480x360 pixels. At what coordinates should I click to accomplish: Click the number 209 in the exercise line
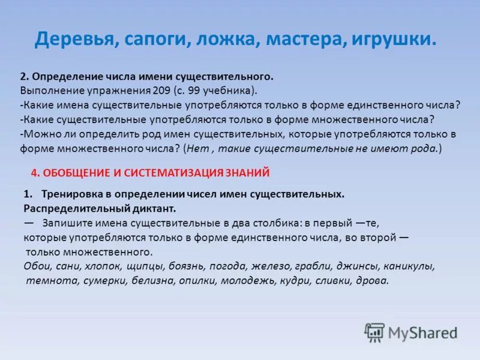159,91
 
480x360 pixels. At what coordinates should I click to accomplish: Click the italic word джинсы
358,266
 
